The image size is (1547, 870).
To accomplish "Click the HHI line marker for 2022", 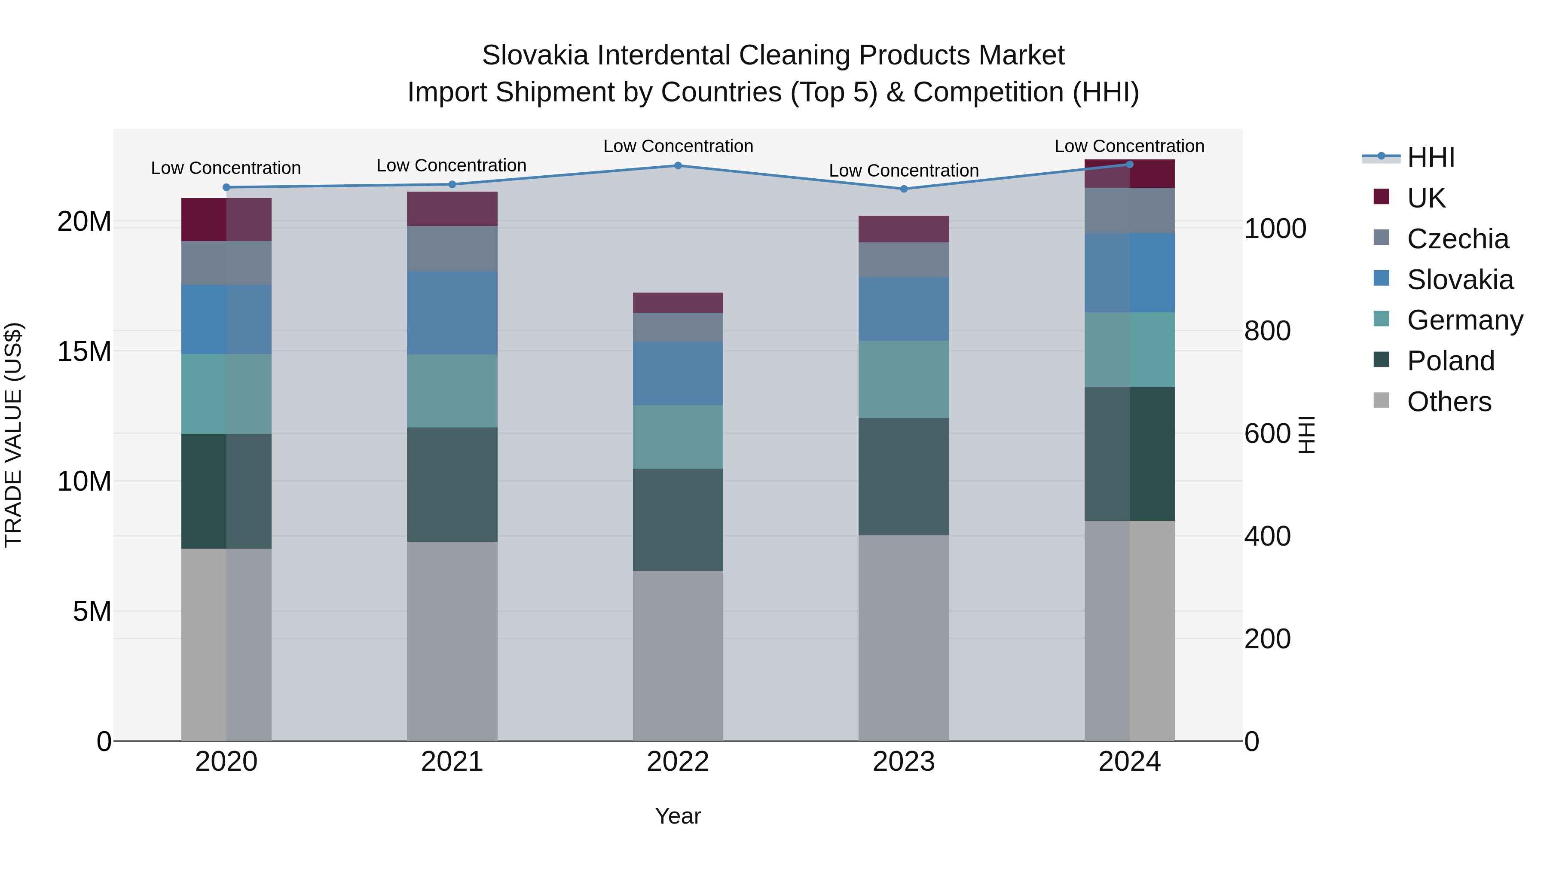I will pyautogui.click(x=678, y=166).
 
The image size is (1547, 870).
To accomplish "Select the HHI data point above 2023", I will pyautogui.click(x=904, y=189).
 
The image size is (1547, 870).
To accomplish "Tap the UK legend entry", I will pyautogui.click(x=1426, y=198).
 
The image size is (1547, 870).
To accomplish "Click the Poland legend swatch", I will pyautogui.click(x=1381, y=360).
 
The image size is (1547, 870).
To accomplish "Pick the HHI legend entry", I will pyautogui.click(x=1431, y=157).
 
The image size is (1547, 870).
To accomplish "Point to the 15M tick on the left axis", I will pyautogui.click(x=84, y=352).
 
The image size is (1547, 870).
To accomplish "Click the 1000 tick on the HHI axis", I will pyautogui.click(x=1275, y=229).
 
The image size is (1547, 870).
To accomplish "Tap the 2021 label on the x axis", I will pyautogui.click(x=452, y=762).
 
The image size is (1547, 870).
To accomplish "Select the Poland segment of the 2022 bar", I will pyautogui.click(x=678, y=520).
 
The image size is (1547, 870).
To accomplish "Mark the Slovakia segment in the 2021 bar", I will pyautogui.click(x=452, y=313).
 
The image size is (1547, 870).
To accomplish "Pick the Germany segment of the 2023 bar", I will pyautogui.click(x=904, y=379).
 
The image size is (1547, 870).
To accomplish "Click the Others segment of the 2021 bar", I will pyautogui.click(x=452, y=641).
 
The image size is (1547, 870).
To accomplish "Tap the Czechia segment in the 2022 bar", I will pyautogui.click(x=678, y=327).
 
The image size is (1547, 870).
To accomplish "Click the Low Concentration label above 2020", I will pyautogui.click(x=226, y=168).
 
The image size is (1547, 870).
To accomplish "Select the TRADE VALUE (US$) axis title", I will pyautogui.click(x=13, y=435).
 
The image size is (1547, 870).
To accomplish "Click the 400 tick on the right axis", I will pyautogui.click(x=1267, y=536).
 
